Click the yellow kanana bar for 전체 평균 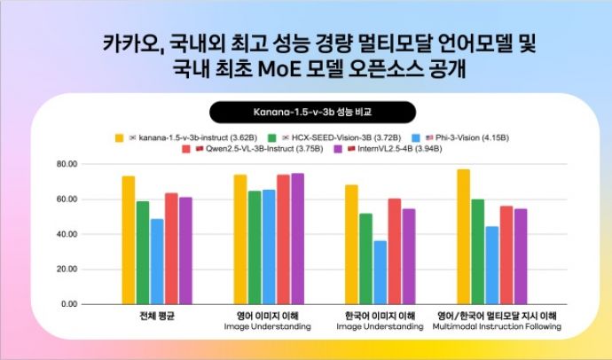(x=129, y=239)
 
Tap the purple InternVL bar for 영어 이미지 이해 (x=297, y=239)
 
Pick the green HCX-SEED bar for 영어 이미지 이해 (x=255, y=247)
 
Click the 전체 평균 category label (x=157, y=316)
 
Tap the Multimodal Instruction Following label (x=497, y=327)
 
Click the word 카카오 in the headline (x=123, y=43)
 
